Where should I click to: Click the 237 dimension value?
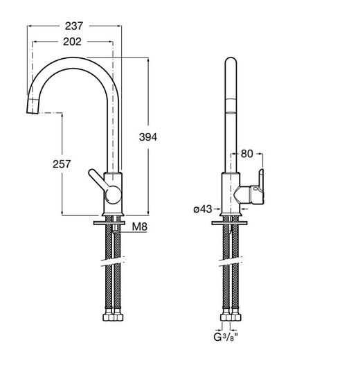coord(74,26)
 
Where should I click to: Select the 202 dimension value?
coord(72,42)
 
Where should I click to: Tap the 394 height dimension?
coord(148,137)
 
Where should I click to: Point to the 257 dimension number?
coord(62,164)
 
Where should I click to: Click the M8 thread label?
coord(139,227)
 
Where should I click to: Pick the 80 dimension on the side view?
coord(247,154)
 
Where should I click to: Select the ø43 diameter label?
coord(203,209)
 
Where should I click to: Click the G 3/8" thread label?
coord(225,337)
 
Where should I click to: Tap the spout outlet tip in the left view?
coord(33,112)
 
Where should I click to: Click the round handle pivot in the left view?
coord(113,195)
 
